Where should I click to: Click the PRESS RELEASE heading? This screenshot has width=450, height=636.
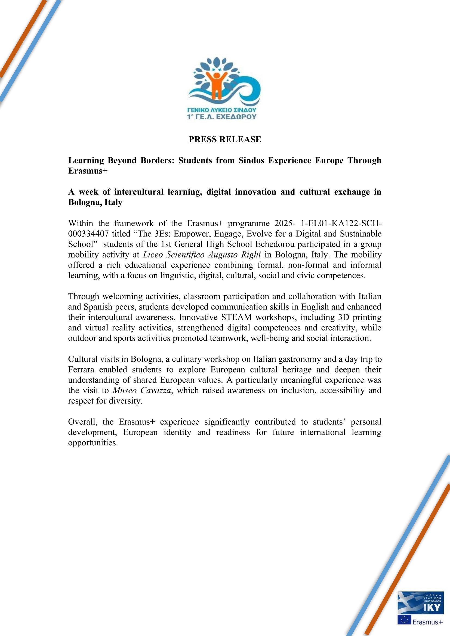pyautogui.click(x=225, y=139)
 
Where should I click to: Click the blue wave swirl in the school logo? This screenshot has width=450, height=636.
pyautogui.click(x=249, y=91)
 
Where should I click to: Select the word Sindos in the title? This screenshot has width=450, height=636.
pyautogui.click(x=251, y=160)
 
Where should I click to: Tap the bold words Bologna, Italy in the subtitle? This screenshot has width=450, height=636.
pyautogui.click(x=95, y=202)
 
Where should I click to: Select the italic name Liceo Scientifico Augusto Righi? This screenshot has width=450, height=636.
pyautogui.click(x=202, y=254)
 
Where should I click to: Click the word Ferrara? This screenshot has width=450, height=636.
pyautogui.click(x=81, y=369)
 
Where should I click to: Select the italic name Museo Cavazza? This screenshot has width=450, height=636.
pyautogui.click(x=141, y=390)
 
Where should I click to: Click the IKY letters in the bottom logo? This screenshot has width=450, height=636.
pyautogui.click(x=432, y=607)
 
